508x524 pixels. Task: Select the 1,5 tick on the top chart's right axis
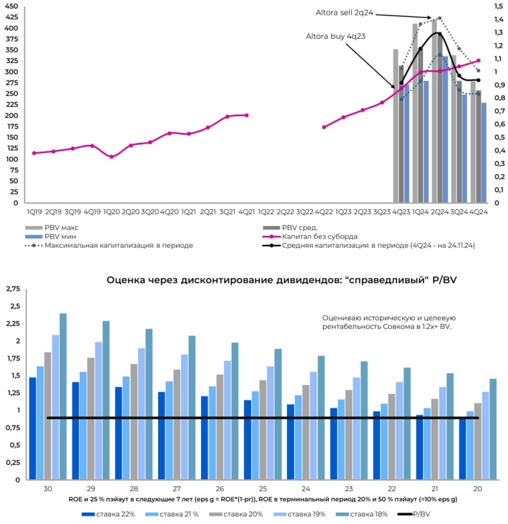pos(498,6)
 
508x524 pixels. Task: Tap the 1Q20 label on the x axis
pos(111,211)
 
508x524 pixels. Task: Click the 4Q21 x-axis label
pos(247,211)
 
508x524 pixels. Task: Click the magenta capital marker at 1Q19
pos(34,153)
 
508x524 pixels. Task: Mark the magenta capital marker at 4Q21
pos(247,115)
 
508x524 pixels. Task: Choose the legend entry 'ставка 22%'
pos(110,514)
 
